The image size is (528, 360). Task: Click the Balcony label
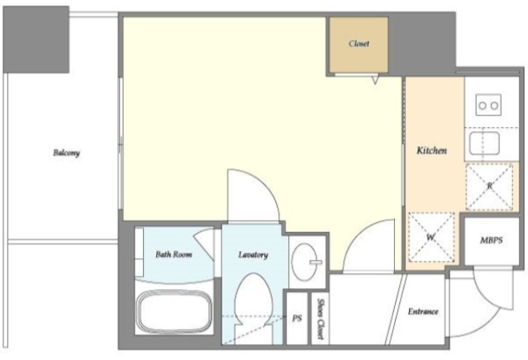coord(66,153)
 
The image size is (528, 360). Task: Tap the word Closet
coord(359,44)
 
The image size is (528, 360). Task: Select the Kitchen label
coord(431,150)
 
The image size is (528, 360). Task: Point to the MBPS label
coord(492,240)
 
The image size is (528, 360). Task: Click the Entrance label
coord(423,311)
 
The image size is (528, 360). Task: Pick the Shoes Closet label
coord(321,319)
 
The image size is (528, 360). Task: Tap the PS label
coord(297,318)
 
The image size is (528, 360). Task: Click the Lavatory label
coord(253,254)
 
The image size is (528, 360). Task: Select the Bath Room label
coord(174,254)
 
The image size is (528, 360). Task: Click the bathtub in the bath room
coord(174,311)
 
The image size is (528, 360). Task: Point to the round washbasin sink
coord(305,262)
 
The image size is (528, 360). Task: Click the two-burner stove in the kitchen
coord(488,106)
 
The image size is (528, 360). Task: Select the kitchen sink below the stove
coord(484,143)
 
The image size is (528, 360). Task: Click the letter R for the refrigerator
coord(490,186)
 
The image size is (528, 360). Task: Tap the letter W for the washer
coord(430,238)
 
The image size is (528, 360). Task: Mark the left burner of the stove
coord(483,106)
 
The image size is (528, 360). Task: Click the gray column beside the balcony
coord(36,39)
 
